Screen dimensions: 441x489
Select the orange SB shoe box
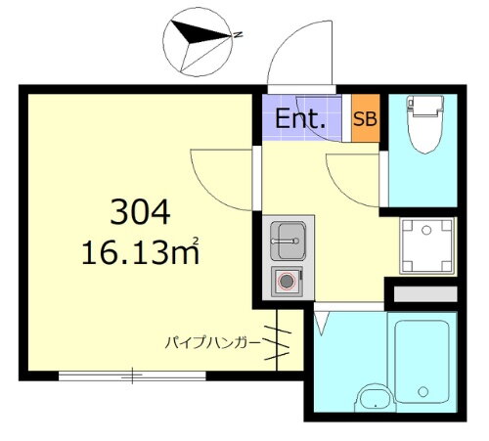364,118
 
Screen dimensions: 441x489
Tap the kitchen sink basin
288,237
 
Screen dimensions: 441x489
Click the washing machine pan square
427,244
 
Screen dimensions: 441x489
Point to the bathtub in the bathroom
422,359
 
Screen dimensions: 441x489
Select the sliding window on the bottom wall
131,374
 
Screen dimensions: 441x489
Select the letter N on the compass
238,36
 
